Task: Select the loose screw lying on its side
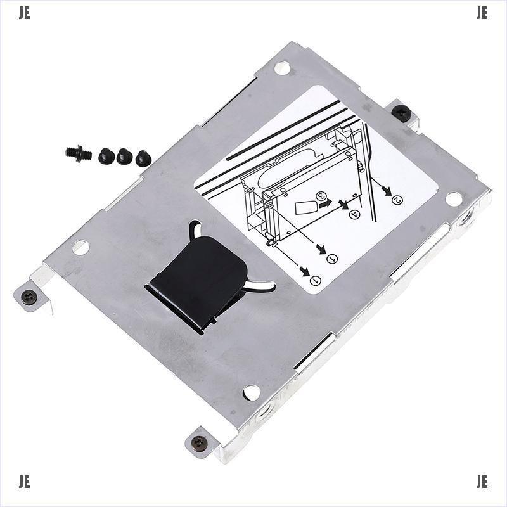coord(78,153)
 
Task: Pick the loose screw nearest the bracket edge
coord(144,158)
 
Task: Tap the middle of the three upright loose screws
coord(124,156)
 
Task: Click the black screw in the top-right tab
coord(401,113)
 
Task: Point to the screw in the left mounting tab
coord(29,296)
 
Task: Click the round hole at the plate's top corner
coord(281,68)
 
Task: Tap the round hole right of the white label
coord(453,199)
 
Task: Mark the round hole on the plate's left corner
coord(80,247)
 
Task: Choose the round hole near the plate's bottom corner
coord(252,392)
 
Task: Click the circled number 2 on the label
coord(397,200)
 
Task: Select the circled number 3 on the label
coord(321,196)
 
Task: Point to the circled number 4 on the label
coord(355,215)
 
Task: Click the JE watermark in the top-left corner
coord(24,14)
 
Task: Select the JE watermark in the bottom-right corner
coord(482,482)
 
